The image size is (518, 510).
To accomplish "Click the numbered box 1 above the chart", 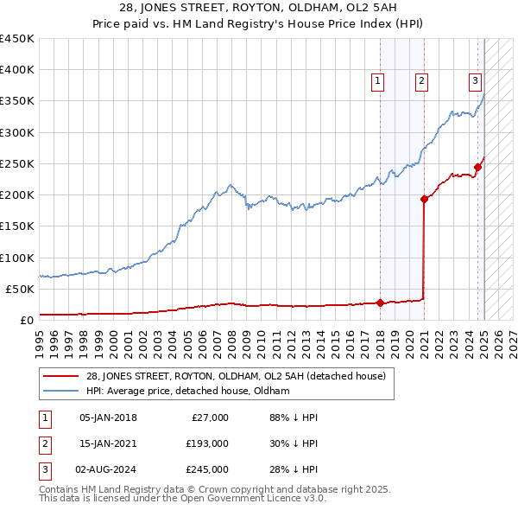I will click(378, 82).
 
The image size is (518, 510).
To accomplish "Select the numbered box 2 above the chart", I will click(421, 82).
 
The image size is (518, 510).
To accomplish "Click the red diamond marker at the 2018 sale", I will click(380, 303).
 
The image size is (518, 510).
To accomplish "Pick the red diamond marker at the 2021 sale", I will click(424, 199).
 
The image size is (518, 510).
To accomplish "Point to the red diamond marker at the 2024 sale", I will click(477, 167).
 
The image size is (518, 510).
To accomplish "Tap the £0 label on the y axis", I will click(26, 320).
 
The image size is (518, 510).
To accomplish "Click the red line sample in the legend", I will click(60, 376).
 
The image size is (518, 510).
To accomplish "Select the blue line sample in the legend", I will click(60, 391).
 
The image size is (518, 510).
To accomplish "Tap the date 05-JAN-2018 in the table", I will click(108, 418).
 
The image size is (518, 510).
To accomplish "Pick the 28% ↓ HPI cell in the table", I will click(294, 469).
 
